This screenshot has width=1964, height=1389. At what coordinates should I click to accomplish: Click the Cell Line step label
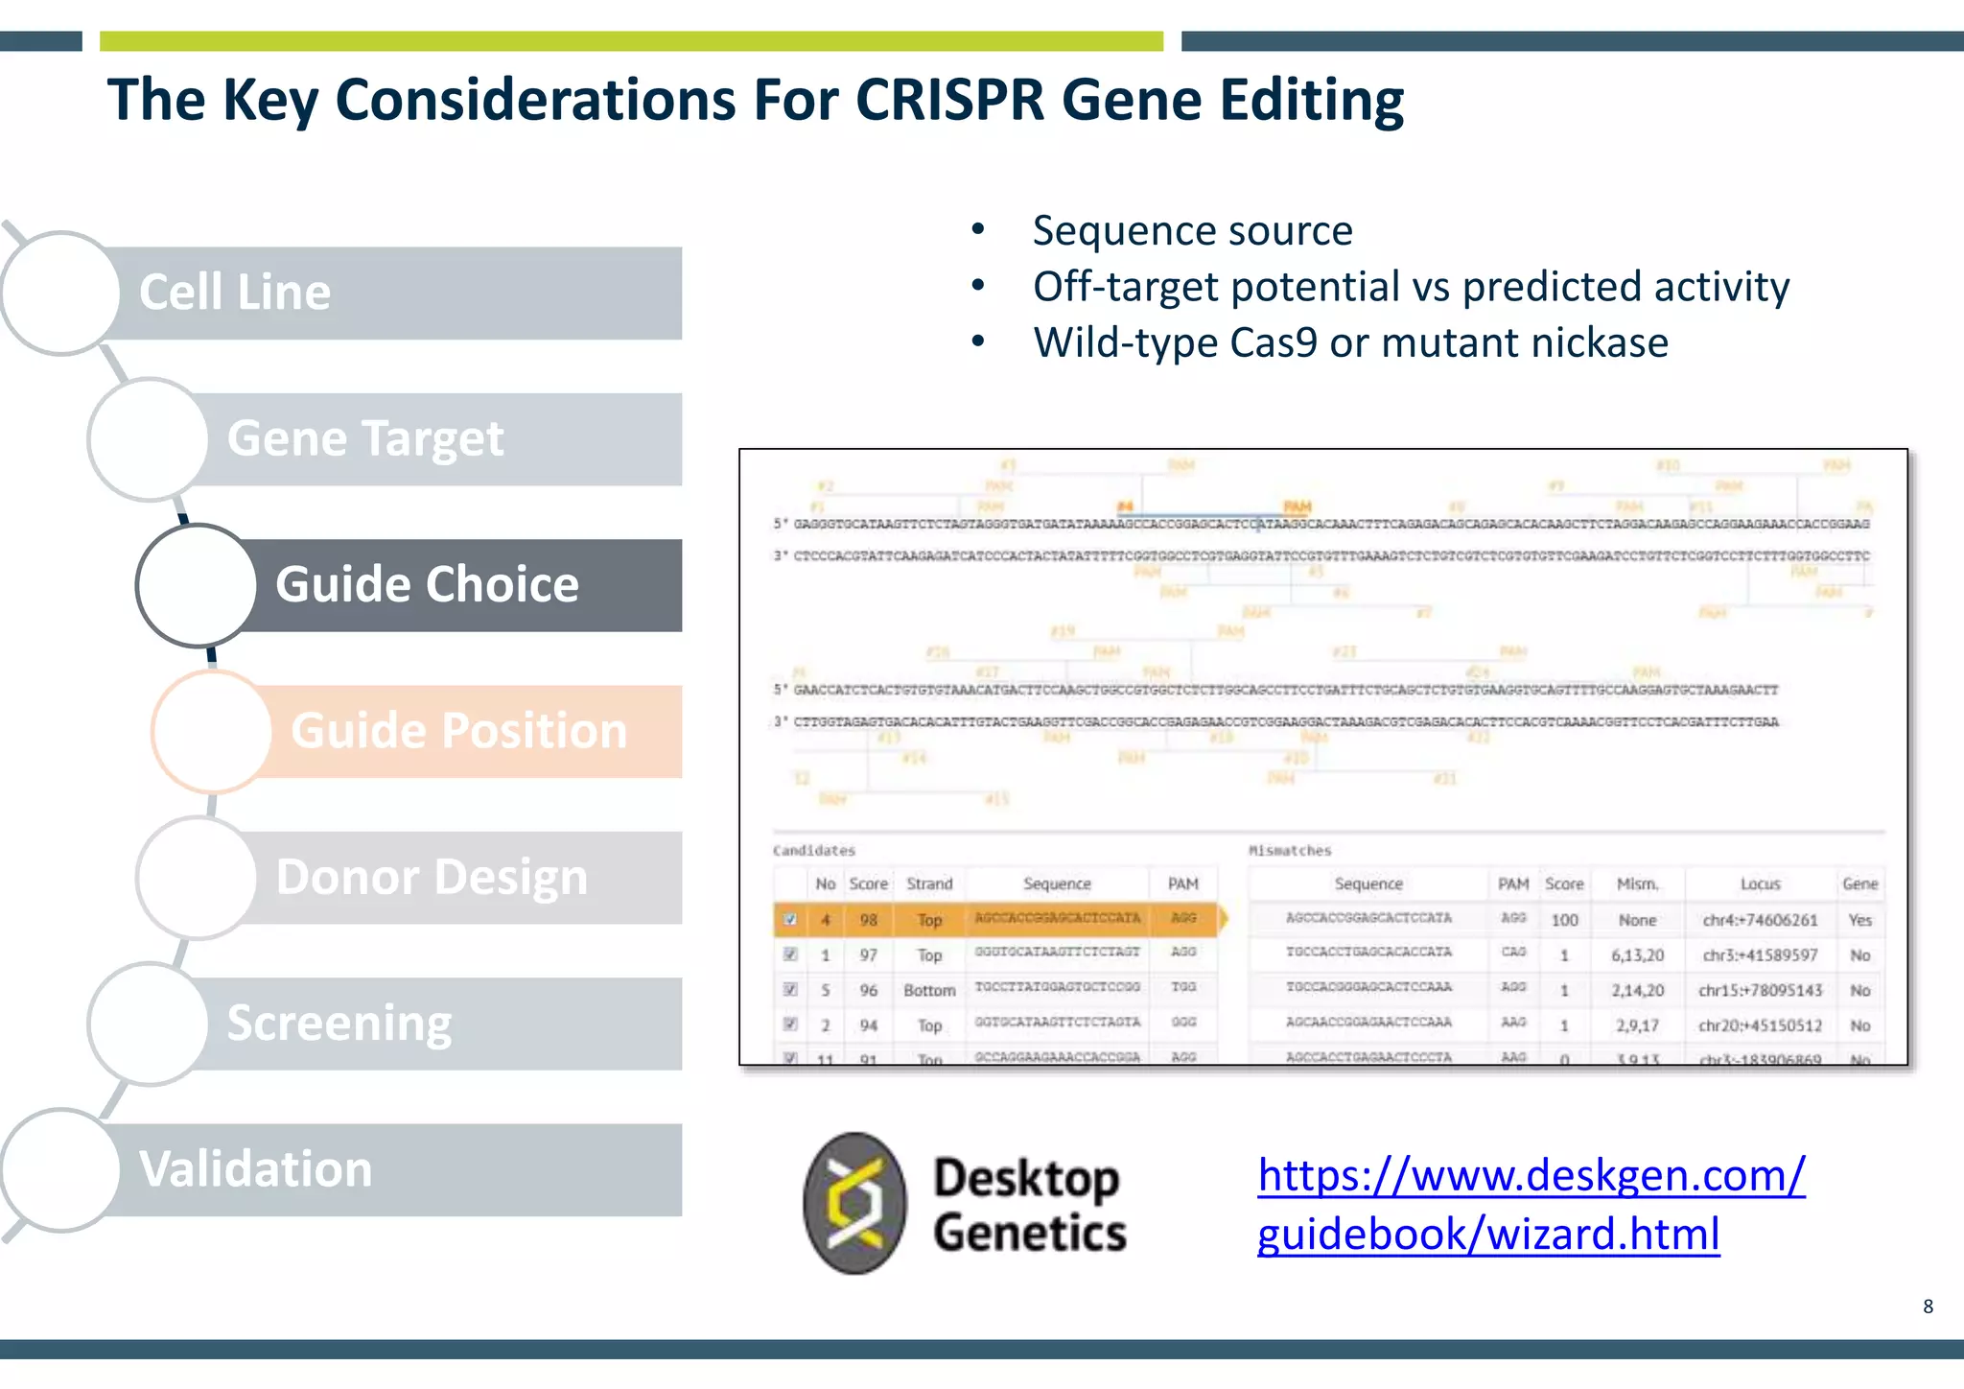235,293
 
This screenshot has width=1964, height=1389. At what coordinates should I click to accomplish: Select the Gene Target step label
364,439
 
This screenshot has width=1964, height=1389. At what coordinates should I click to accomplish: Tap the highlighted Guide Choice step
427,585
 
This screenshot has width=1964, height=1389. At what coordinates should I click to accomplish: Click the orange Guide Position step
458,731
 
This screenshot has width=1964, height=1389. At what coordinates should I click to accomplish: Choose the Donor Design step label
432,878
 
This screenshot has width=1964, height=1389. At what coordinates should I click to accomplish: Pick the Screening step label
339,1024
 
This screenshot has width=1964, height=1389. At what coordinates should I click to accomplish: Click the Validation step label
255,1170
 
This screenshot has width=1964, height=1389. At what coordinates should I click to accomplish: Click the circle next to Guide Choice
197,585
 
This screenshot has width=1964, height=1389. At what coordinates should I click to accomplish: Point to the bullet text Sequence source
1192,231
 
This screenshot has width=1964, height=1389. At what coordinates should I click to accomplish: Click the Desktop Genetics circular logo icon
853,1203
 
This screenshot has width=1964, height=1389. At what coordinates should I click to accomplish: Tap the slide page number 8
1928,1307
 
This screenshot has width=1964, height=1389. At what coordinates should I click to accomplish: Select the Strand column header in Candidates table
929,883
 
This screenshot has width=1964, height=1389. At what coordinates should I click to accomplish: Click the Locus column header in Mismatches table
1760,883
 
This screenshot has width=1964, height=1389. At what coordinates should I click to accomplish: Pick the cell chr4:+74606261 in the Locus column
1760,920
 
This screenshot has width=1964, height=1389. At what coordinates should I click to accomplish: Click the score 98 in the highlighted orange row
868,920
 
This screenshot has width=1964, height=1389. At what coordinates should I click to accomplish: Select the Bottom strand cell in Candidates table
929,990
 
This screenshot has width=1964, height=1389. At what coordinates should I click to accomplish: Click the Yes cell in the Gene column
1859,920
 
